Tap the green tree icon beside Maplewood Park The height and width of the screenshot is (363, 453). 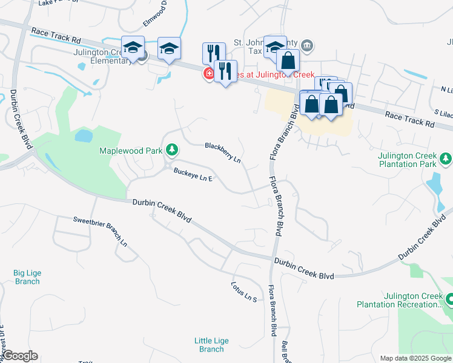point(173,149)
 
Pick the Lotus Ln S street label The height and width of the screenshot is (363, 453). point(245,292)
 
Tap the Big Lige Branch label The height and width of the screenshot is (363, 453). point(27,277)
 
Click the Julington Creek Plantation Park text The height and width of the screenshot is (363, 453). point(407,160)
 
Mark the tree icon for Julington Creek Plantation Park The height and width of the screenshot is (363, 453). point(446,159)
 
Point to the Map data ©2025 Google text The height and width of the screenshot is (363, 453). point(415,358)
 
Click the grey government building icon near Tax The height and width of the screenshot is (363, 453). point(307,45)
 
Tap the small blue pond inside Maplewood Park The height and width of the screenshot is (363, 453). point(83,135)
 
